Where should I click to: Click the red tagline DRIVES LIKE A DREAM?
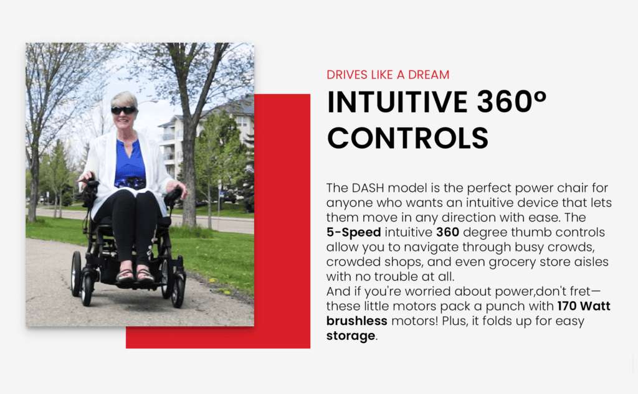(388, 75)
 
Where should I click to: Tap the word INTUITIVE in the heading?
(398, 102)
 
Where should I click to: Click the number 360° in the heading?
(512, 101)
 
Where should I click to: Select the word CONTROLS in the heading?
(407, 138)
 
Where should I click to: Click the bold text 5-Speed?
(354, 233)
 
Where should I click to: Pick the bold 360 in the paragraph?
(447, 232)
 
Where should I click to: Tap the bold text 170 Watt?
(584, 306)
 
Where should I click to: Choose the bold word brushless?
(357, 321)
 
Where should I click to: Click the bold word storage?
(351, 336)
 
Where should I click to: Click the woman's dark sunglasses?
(123, 110)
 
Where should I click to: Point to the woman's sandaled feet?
(135, 274)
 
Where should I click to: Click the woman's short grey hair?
(124, 99)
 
